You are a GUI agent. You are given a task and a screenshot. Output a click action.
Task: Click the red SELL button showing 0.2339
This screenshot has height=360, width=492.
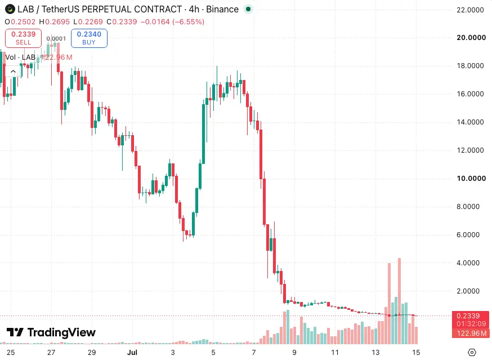click(23, 38)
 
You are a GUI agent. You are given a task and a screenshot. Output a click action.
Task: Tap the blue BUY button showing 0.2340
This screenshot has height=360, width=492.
click(89, 38)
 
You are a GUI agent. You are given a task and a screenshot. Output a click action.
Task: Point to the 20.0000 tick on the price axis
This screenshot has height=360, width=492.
click(471, 38)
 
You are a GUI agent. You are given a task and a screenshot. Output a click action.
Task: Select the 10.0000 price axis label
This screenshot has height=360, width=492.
click(471, 179)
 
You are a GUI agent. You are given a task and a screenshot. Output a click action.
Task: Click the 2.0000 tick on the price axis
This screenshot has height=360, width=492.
click(468, 291)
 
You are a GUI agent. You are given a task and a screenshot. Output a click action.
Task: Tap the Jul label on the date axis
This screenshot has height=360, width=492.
click(132, 353)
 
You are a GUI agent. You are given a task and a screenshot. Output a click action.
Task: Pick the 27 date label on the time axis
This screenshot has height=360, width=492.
click(51, 353)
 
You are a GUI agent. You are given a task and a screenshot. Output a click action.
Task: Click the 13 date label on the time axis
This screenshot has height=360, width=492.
click(375, 353)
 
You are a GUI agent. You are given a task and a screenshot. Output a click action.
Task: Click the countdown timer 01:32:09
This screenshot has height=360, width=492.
click(471, 324)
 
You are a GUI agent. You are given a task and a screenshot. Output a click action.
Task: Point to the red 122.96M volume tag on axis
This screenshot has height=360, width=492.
click(471, 333)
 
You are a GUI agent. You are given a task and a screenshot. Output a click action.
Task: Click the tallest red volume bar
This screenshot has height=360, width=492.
click(400, 301)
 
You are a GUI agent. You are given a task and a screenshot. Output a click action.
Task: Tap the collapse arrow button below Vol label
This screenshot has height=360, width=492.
click(13, 72)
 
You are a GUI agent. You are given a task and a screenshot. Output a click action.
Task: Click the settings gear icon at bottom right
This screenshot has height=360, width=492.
click(472, 353)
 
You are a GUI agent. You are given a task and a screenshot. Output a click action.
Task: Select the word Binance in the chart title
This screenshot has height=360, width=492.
click(222, 10)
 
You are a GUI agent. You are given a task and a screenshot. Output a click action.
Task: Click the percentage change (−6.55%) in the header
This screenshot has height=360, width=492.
click(188, 21)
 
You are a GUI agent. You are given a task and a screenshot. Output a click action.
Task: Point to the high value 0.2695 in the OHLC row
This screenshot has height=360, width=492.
click(57, 21)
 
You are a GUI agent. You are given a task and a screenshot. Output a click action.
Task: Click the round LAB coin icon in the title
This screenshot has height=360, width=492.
click(10, 9)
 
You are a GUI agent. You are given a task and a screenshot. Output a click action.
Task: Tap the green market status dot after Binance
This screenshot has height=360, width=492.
click(248, 9)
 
